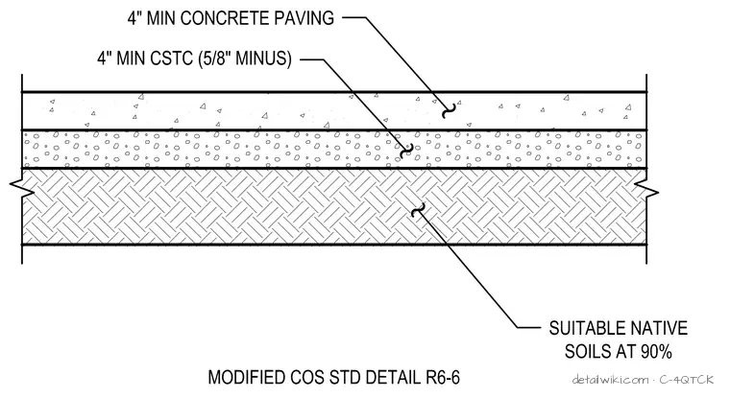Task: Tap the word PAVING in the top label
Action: (304, 18)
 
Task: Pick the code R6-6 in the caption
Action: (442, 378)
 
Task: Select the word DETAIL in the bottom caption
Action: (392, 378)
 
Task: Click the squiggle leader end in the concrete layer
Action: (449, 110)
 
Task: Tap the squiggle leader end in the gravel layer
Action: (407, 151)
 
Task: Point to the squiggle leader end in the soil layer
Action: (419, 210)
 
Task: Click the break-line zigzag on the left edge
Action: (22, 188)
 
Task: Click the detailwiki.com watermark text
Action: (610, 380)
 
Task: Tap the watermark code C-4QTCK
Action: (686, 380)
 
